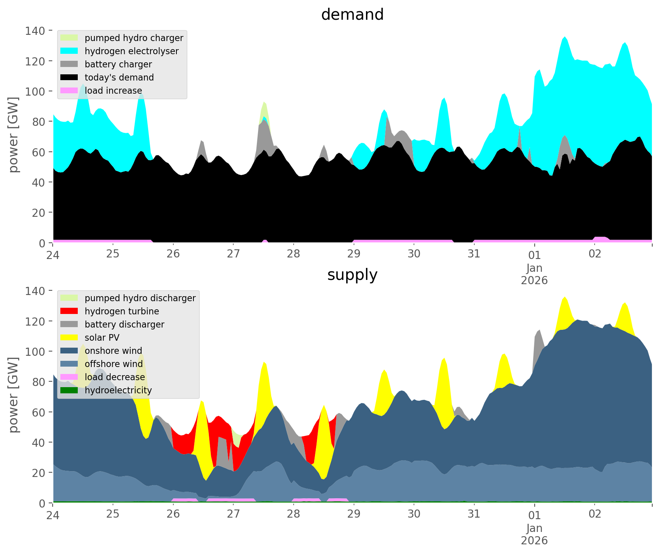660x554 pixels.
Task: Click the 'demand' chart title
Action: [352, 15]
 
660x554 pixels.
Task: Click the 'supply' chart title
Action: [352, 275]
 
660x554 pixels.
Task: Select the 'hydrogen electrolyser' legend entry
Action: [132, 51]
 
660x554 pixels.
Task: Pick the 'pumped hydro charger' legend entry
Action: [134, 38]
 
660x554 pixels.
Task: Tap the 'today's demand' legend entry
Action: [119, 77]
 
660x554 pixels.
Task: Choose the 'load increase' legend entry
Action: [113, 91]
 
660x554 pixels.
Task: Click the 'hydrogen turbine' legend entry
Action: [122, 311]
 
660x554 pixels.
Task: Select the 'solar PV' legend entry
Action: [102, 338]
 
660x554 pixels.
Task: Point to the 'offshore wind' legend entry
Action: [114, 364]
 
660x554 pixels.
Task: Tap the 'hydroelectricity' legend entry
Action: [118, 390]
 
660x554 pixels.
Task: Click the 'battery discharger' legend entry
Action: [124, 324]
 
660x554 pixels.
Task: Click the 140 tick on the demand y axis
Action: [35, 31]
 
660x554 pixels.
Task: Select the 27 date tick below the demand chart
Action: [233, 254]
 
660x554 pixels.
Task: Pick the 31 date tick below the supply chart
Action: [474, 514]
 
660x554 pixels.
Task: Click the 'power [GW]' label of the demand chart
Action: [14, 134]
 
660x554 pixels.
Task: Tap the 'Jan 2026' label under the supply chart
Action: [534, 534]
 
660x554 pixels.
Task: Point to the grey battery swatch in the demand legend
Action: [69, 64]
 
